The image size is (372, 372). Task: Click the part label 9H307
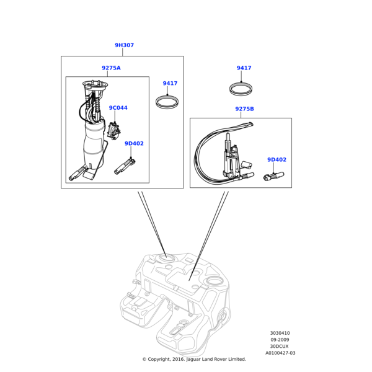[x=124, y=45]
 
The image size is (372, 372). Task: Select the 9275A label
[x=111, y=68]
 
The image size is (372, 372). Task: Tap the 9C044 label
[x=118, y=108]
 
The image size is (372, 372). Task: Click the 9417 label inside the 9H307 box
[x=170, y=83]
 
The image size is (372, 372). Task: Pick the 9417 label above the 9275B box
[x=244, y=68]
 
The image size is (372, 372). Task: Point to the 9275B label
[x=244, y=109]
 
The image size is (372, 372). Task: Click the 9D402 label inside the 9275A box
[x=133, y=144]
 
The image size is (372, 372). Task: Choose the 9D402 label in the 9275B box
[x=276, y=160]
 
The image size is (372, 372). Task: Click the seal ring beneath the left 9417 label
[x=167, y=101]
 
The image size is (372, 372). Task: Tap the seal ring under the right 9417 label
[x=241, y=89]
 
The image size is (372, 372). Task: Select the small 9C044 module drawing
[x=113, y=129]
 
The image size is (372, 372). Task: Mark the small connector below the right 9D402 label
[x=273, y=177]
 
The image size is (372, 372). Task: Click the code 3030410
[x=280, y=333]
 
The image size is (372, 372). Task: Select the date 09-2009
[x=280, y=340]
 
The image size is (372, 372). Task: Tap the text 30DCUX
[x=280, y=347]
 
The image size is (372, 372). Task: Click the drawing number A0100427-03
[x=280, y=353]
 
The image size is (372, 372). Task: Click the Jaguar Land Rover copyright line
[x=193, y=359]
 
